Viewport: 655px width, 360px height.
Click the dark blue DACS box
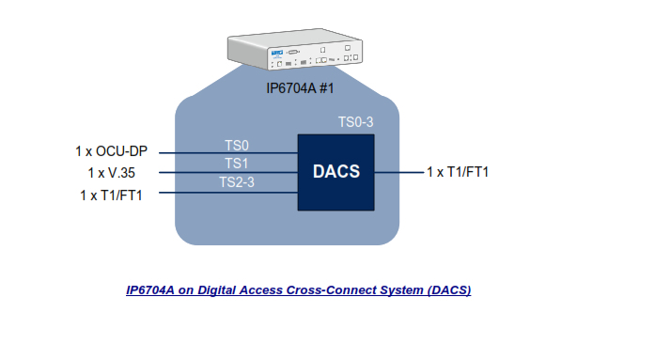point(335,172)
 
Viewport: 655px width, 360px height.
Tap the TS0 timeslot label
point(237,146)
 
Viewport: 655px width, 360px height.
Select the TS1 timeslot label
point(237,164)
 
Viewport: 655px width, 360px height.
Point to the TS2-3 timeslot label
point(237,182)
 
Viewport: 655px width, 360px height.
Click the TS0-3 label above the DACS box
point(355,122)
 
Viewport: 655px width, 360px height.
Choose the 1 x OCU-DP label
point(111,151)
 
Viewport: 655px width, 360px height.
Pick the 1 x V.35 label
point(111,173)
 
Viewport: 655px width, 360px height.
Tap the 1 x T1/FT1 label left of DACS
point(111,195)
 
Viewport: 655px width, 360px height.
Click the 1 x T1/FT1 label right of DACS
point(458,172)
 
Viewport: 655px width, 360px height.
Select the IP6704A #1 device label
point(300,88)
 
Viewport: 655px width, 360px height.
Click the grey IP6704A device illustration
point(295,49)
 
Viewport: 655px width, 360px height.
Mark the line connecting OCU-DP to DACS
point(228,153)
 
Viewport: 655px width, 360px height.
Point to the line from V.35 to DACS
point(228,173)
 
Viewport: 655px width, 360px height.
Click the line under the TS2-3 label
point(228,193)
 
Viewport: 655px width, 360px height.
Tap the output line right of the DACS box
point(399,172)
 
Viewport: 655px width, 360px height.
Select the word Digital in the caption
point(217,290)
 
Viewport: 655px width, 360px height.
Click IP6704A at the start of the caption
point(150,290)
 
